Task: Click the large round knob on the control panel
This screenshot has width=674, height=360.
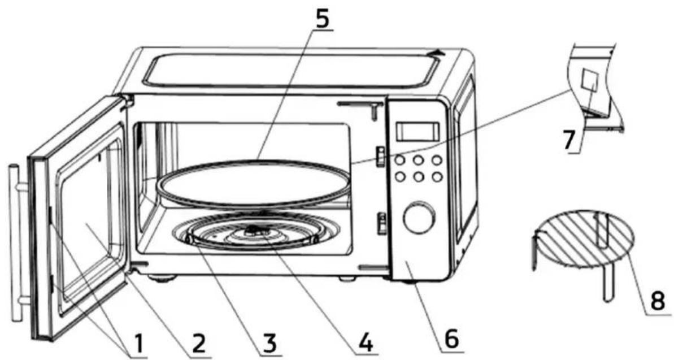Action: [x=419, y=217]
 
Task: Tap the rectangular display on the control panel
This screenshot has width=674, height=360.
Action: [x=418, y=131]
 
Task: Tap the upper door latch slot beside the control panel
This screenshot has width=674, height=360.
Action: [x=381, y=156]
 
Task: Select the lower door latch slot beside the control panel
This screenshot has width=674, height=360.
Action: [x=381, y=223]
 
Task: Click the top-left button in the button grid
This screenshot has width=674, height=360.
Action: [x=400, y=161]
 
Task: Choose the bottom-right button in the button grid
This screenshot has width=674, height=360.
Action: [x=437, y=176]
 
